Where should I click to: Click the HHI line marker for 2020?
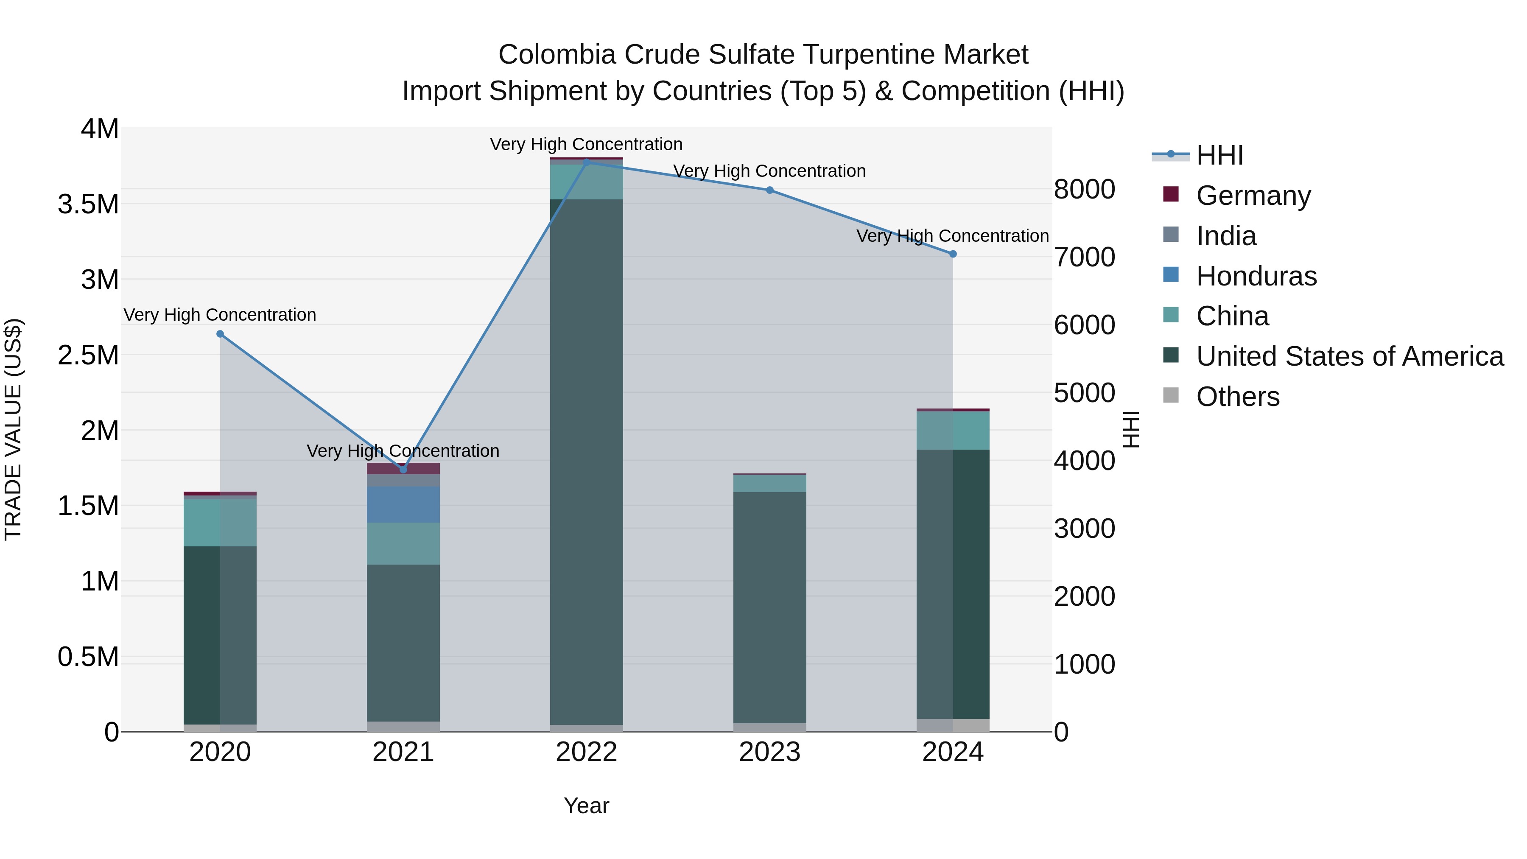click(x=220, y=334)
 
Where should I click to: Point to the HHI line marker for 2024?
click(x=953, y=254)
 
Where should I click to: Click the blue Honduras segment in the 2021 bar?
click(x=403, y=504)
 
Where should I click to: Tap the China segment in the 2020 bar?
click(x=220, y=522)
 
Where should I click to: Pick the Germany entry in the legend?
click(x=1253, y=196)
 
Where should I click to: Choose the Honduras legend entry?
click(x=1256, y=276)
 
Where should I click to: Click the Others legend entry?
click(x=1237, y=397)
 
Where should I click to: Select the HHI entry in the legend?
click(x=1219, y=155)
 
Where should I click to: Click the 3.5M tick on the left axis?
click(x=88, y=204)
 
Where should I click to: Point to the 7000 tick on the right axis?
click(x=1084, y=257)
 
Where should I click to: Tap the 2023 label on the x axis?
click(x=769, y=752)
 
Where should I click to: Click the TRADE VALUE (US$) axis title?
click(x=13, y=429)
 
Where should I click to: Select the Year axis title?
click(x=586, y=806)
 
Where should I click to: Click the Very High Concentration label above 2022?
click(x=586, y=144)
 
